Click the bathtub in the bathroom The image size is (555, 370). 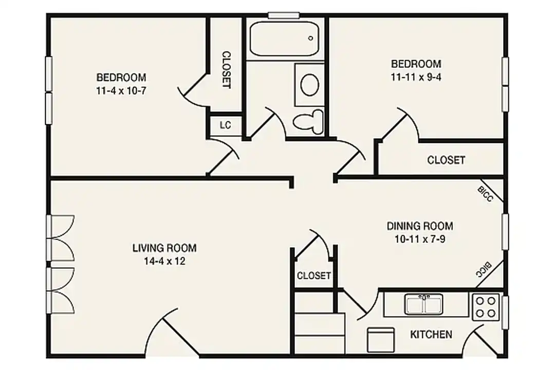(284, 39)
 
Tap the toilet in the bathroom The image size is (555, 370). (309, 121)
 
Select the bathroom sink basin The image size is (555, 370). (309, 85)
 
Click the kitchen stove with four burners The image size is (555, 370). (486, 307)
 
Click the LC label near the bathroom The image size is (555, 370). (226, 125)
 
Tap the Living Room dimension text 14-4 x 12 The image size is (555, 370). (164, 261)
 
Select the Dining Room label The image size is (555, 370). (420, 226)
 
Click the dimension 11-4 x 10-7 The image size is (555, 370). (121, 91)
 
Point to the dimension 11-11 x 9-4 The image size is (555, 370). (416, 77)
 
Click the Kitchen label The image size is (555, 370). (431, 334)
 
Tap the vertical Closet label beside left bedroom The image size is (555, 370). (226, 70)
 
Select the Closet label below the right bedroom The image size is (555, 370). (446, 160)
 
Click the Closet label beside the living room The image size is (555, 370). (314, 275)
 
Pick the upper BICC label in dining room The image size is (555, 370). (485, 194)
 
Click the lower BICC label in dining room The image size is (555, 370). (484, 270)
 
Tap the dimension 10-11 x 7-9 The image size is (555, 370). (420, 239)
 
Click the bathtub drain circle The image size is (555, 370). (311, 38)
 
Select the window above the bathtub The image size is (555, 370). (284, 15)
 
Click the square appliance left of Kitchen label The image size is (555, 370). (381, 340)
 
